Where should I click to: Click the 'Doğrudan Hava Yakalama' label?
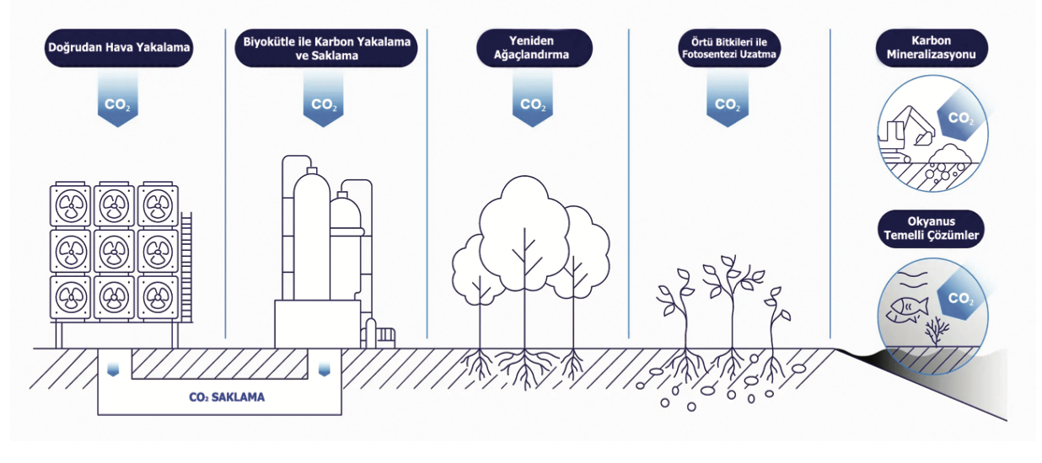click(x=118, y=50)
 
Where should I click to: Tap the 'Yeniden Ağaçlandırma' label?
click(x=531, y=49)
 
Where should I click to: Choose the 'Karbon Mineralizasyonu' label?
click(x=932, y=49)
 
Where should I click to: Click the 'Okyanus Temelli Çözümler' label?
click(x=931, y=229)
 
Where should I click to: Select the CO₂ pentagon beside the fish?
click(x=960, y=298)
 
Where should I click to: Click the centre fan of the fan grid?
click(x=115, y=250)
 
